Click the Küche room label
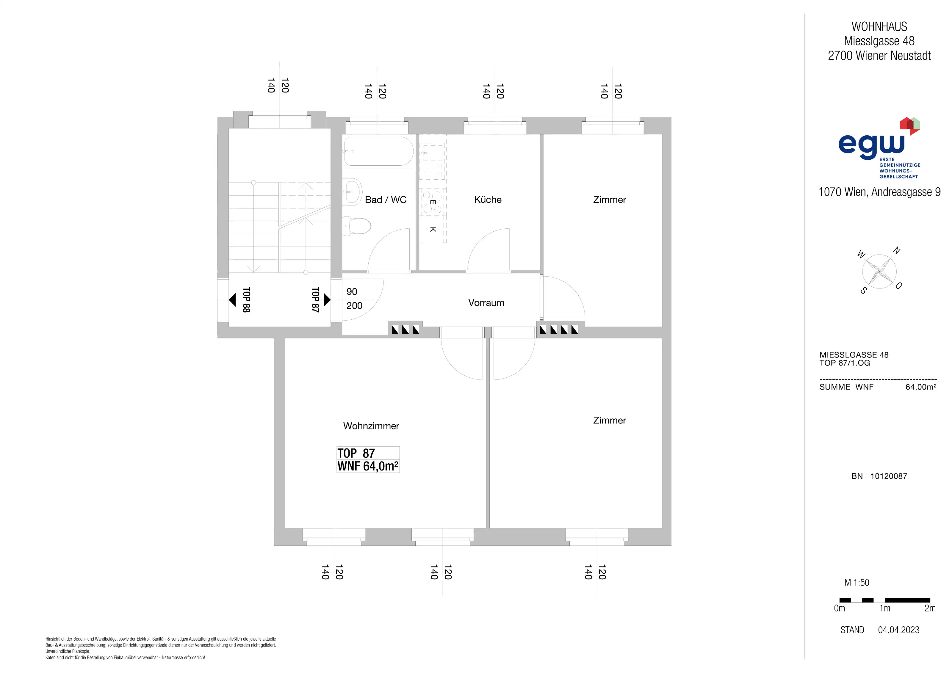click(488, 200)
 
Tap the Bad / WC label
click(386, 200)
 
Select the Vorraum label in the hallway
click(486, 303)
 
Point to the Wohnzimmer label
click(371, 426)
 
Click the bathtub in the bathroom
click(378, 151)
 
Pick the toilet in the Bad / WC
click(357, 226)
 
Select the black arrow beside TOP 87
click(327, 299)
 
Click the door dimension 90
click(352, 292)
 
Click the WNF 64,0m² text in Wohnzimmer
click(368, 466)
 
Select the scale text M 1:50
click(857, 583)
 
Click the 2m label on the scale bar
click(930, 608)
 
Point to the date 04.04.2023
click(898, 630)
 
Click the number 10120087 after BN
click(889, 476)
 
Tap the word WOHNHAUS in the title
click(879, 26)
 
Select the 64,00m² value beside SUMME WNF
click(921, 387)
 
